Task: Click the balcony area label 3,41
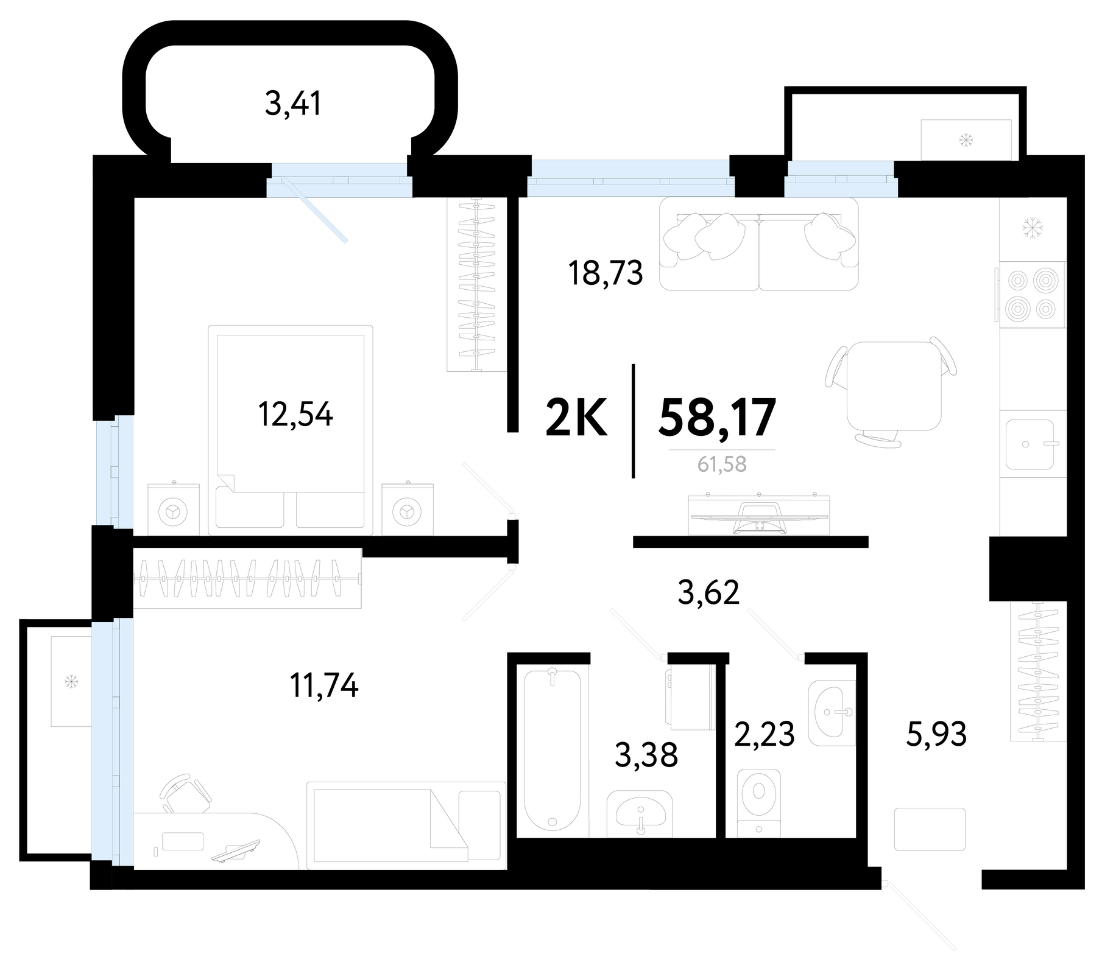pyautogui.click(x=293, y=103)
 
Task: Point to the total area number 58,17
pyautogui.click(x=717, y=418)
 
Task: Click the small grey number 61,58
pyautogui.click(x=722, y=464)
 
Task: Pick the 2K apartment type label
pyautogui.click(x=576, y=418)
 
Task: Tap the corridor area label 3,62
pyautogui.click(x=708, y=592)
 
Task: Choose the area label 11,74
pyautogui.click(x=324, y=686)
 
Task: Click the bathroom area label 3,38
pyautogui.click(x=646, y=755)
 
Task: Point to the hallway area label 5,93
pyautogui.click(x=936, y=734)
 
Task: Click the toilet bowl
pyautogui.click(x=758, y=802)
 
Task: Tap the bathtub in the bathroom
pyautogui.click(x=553, y=751)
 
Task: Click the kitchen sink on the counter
pyautogui.click(x=1030, y=444)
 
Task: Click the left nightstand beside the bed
pyautogui.click(x=174, y=509)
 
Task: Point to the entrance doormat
pyautogui.click(x=930, y=829)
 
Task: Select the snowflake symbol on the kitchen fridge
pyautogui.click(x=1032, y=228)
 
